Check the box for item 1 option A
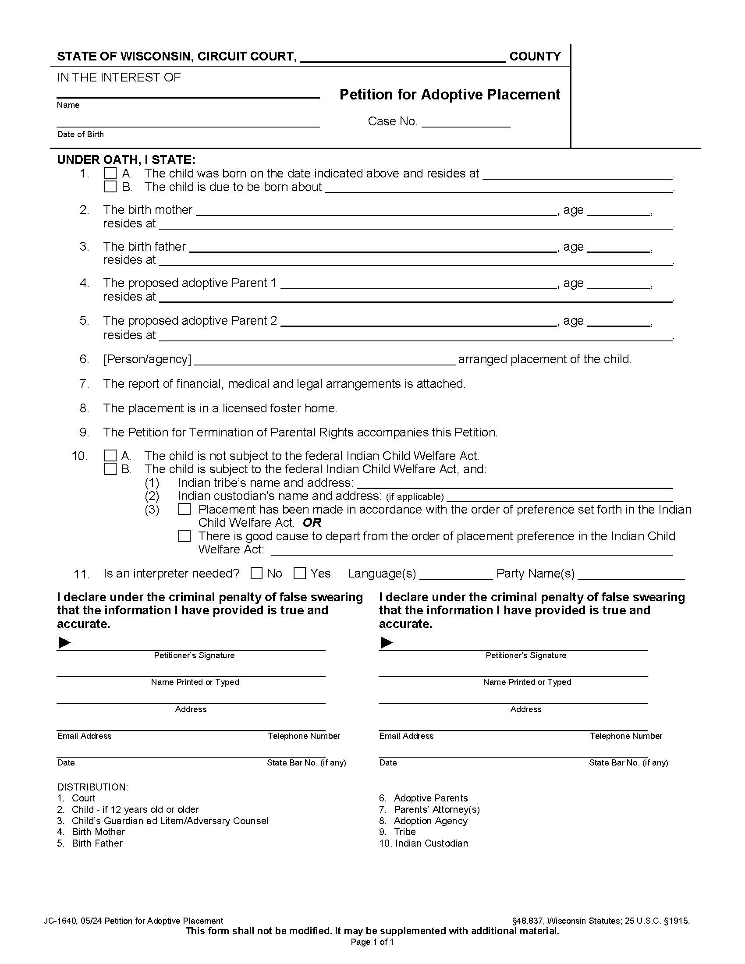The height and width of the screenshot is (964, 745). tap(110, 173)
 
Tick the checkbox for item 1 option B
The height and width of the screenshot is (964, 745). tap(110, 187)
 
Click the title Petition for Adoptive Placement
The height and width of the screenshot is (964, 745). tap(449, 95)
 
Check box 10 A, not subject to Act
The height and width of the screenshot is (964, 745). tap(110, 456)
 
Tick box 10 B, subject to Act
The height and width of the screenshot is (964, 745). tap(110, 469)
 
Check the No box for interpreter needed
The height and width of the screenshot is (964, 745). tap(256, 574)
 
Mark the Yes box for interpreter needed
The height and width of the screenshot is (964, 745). tap(300, 574)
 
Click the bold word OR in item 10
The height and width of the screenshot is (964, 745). tap(312, 523)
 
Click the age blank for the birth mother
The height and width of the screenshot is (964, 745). tap(619, 212)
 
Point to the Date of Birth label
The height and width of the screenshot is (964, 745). tap(80, 134)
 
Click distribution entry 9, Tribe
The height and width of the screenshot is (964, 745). tap(404, 832)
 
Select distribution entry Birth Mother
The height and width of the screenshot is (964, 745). tap(98, 832)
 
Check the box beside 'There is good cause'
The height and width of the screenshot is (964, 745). tap(184, 536)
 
